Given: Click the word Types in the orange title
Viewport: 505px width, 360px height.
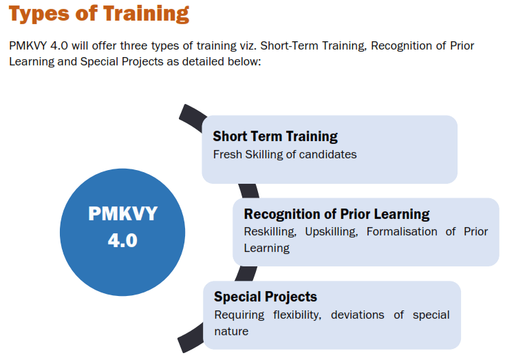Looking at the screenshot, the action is tap(39, 14).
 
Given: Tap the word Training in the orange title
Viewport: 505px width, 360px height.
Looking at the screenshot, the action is tap(147, 14).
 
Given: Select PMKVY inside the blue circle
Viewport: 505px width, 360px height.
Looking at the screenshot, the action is tap(122, 213).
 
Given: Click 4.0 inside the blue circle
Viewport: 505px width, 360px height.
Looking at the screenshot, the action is tap(122, 240).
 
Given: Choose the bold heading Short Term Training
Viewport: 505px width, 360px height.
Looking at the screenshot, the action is tap(275, 136).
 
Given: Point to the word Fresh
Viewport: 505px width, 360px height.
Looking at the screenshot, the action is tap(227, 154).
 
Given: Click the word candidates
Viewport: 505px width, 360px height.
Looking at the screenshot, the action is tap(327, 154).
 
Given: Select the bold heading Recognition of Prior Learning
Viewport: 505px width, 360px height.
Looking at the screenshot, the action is tap(336, 214).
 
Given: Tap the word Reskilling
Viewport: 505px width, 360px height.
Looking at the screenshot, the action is tap(270, 232).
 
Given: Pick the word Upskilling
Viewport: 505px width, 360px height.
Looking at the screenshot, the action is tap(332, 232).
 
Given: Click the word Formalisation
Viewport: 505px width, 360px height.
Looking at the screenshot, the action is tap(402, 231).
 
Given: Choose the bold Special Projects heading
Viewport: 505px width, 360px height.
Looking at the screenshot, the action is tap(266, 297).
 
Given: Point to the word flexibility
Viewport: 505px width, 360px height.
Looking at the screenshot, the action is tap(297, 315).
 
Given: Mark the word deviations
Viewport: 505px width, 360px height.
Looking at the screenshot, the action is tap(358, 315).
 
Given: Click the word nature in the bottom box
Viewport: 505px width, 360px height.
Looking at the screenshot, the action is tap(231, 331).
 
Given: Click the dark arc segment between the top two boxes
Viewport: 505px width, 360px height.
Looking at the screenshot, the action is tap(249, 191).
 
